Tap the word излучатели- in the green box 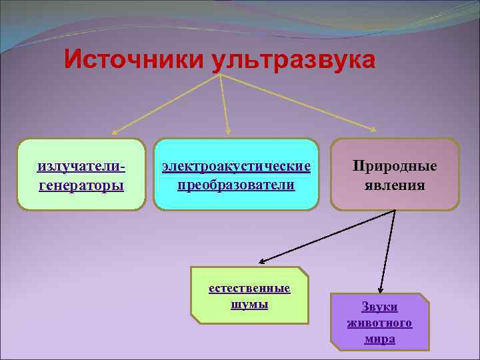(x=83, y=165)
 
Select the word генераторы (x=81, y=185)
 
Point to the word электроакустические (x=237, y=165)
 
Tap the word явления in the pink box (x=395, y=185)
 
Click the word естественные (x=249, y=289)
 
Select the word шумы (x=249, y=305)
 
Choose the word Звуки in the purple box (x=379, y=307)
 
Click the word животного (x=379, y=323)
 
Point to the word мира (x=379, y=339)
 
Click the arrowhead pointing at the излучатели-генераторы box (x=114, y=133)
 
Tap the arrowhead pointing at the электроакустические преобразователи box (x=228, y=131)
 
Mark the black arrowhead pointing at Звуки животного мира (x=380, y=288)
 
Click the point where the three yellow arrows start (x=220, y=75)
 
